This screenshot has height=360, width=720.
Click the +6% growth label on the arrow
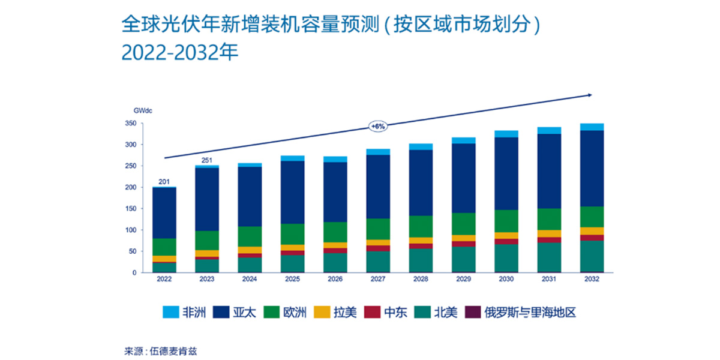tap(377, 127)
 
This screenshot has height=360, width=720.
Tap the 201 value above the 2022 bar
tap(164, 181)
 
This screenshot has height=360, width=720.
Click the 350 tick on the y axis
tap(130, 124)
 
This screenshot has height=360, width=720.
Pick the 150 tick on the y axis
tap(130, 209)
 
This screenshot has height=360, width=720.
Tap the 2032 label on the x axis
tap(592, 280)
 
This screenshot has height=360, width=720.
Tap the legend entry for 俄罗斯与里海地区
tap(522, 312)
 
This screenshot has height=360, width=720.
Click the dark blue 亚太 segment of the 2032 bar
tap(592, 168)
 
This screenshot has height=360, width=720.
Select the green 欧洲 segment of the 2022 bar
tap(164, 247)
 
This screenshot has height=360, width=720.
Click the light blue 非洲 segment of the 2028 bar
tap(421, 146)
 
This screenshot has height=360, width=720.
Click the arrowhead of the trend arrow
tap(590, 95)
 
